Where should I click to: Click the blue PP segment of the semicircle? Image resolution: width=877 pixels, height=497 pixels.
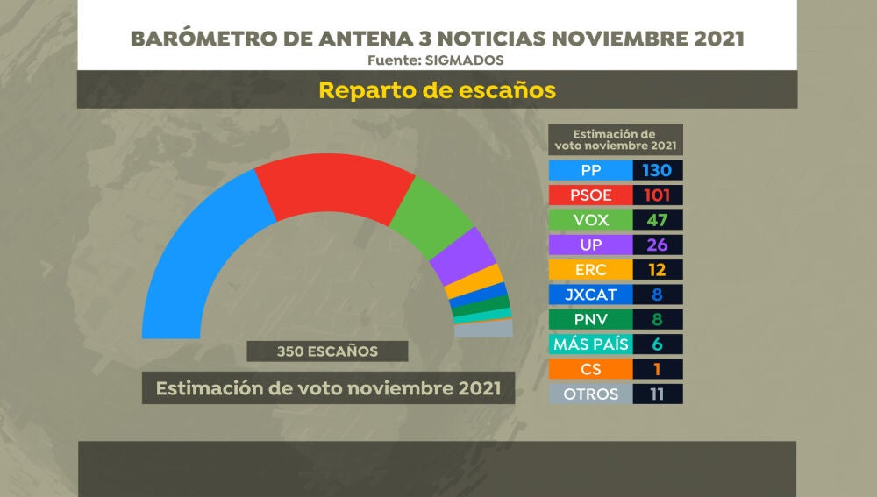pos(189,254)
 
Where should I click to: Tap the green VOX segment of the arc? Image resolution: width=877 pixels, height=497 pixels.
pos(430,215)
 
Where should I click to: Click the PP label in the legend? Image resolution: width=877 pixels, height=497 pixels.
pos(590,170)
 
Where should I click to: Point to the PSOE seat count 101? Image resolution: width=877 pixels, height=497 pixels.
pos(656,195)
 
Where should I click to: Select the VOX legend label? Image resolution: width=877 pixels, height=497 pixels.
pos(590,220)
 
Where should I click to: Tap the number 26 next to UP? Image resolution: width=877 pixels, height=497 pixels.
pos(656,245)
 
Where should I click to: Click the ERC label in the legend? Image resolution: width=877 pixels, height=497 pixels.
pos(590,269)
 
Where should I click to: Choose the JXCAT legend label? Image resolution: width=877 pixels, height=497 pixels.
pos(590,295)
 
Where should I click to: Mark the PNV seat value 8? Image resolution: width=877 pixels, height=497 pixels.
pos(656,319)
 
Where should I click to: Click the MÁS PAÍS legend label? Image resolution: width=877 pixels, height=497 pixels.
pos(590,344)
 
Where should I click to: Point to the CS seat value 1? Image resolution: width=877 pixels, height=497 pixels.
pos(656,369)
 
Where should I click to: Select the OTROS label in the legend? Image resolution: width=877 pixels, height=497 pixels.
pos(590,394)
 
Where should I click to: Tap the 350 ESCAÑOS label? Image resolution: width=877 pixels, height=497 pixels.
pos(327,351)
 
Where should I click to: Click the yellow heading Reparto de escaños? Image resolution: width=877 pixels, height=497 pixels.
pos(437,90)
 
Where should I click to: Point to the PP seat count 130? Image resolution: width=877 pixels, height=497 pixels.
pos(656,170)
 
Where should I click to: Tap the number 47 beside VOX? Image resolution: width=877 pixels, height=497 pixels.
pos(656,220)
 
